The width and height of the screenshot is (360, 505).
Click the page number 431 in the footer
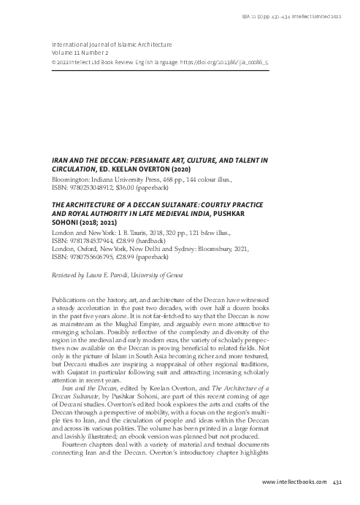point(337,482)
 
